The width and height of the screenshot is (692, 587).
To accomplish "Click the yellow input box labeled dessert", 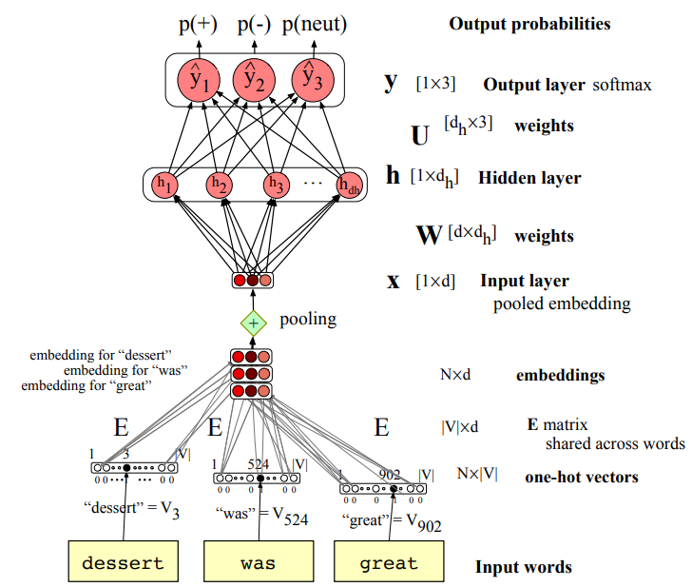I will coord(123,561).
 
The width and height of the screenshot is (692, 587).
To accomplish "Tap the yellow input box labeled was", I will coord(259,561).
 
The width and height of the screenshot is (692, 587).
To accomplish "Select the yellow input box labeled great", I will coord(389,561).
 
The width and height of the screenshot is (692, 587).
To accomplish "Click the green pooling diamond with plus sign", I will coord(253,323).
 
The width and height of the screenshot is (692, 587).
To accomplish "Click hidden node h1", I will coord(167,185).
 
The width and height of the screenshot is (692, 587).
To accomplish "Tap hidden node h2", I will coord(220,185).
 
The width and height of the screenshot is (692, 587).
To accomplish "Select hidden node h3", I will coord(277,185).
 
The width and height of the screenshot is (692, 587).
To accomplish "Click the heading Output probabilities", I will coord(529,23).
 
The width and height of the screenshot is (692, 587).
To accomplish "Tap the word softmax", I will coord(623,86).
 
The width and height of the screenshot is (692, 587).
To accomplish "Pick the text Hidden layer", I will coord(529,178).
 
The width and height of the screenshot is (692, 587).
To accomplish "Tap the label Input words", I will coord(524,567).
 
